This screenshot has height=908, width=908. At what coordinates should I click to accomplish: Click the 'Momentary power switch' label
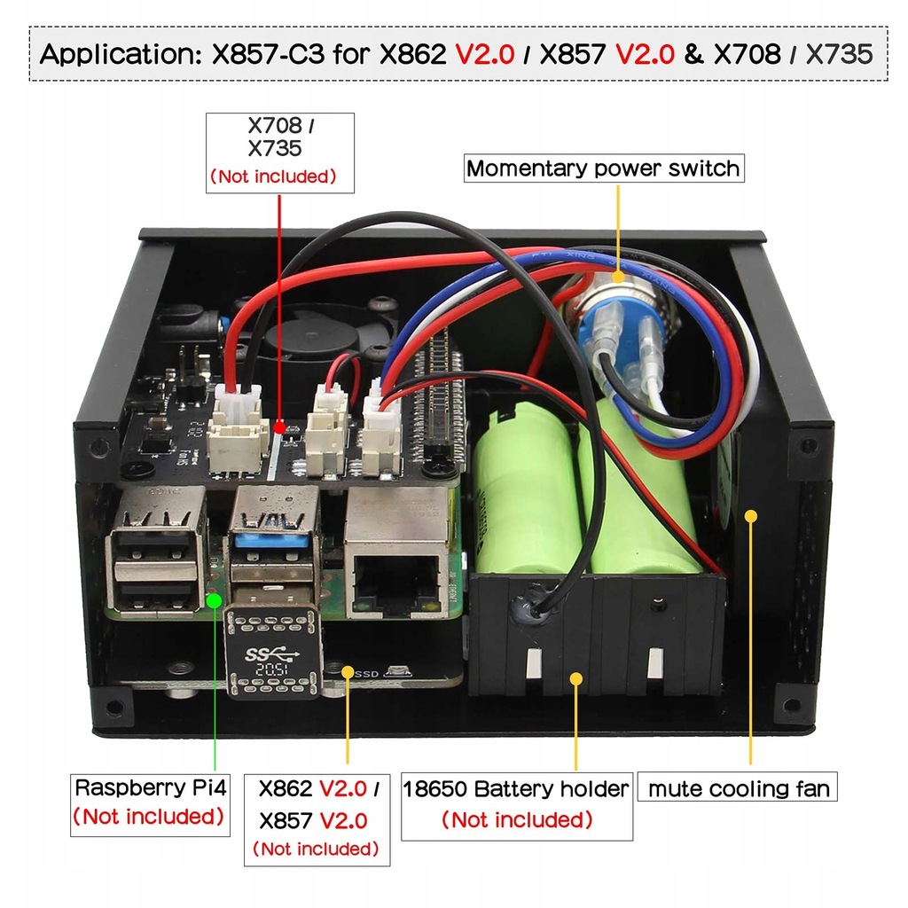603,168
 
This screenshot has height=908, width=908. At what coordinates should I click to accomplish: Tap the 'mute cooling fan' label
739,788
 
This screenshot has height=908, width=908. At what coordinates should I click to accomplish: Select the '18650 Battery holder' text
516,788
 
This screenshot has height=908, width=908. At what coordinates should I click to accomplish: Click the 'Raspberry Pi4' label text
150,787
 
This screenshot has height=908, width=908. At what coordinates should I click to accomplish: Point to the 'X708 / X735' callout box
279,151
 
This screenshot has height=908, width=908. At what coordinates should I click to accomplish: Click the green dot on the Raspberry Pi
214,601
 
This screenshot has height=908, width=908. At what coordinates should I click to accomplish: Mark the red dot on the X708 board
280,428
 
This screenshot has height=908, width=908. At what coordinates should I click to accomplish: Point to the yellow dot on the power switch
618,277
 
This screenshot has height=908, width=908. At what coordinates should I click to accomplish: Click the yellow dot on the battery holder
576,679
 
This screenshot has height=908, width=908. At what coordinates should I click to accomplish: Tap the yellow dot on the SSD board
346,671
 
